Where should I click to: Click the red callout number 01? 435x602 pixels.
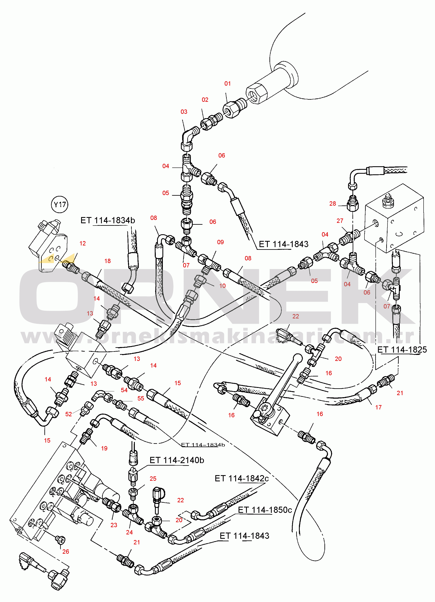(227, 84)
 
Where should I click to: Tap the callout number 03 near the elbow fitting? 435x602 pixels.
(184, 112)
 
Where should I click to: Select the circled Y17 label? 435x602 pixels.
(60, 205)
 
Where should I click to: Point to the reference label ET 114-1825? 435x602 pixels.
(402, 350)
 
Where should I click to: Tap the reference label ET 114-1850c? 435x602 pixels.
(265, 510)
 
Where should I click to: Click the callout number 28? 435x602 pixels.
(333, 204)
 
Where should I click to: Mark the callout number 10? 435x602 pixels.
(222, 286)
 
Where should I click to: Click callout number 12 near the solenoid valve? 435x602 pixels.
(83, 243)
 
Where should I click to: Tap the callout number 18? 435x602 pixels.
(107, 261)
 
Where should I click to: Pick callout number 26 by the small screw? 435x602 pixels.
(66, 552)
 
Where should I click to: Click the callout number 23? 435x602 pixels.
(114, 525)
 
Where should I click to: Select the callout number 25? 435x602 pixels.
(153, 479)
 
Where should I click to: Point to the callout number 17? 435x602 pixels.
(378, 407)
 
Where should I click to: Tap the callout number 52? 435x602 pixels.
(68, 414)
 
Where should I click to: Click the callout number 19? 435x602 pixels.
(104, 448)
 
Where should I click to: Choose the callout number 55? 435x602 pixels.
(141, 398)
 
